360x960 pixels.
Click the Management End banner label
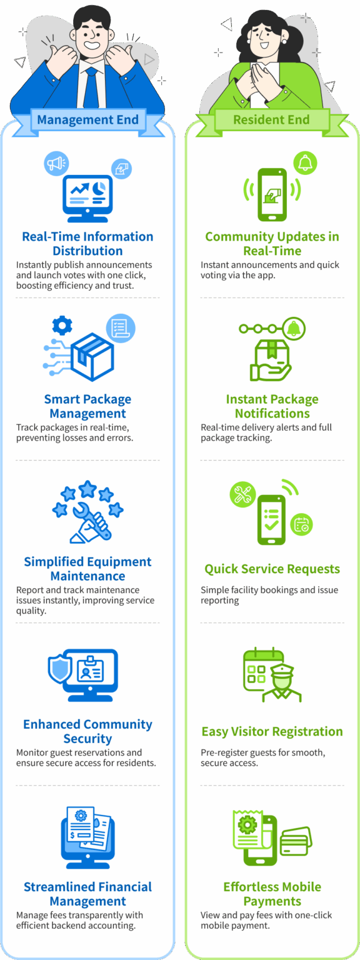click(87, 120)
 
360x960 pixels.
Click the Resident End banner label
click(271, 120)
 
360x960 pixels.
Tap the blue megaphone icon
click(56, 164)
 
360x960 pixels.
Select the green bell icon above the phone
click(305, 163)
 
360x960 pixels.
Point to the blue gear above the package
click(62, 326)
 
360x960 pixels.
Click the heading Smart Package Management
click(87, 406)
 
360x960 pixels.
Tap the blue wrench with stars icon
click(88, 511)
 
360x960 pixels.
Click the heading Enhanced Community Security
click(87, 731)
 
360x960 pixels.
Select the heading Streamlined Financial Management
click(87, 894)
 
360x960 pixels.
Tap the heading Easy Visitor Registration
click(272, 731)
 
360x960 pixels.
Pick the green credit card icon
click(296, 841)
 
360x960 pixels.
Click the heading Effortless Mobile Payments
click(272, 894)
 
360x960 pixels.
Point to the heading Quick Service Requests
click(272, 569)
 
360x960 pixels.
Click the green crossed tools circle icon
click(241, 494)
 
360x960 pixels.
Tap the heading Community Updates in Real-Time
click(272, 244)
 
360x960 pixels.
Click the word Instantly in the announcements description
click(34, 265)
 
